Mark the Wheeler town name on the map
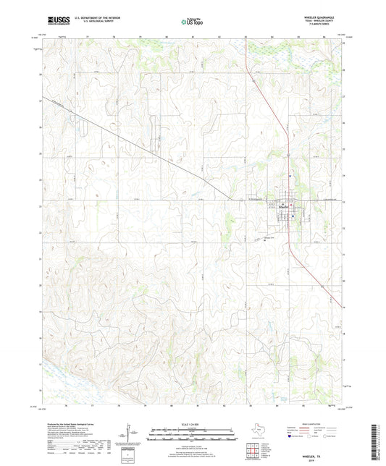tap(285, 205)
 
